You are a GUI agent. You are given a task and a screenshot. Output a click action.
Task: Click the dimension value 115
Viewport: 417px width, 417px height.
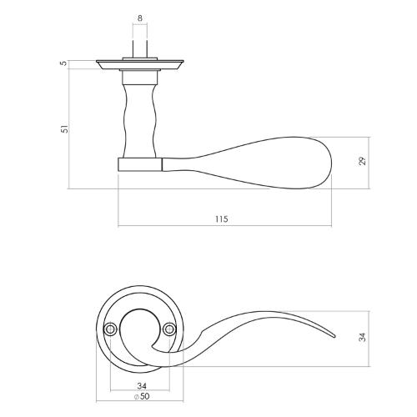click(x=220, y=219)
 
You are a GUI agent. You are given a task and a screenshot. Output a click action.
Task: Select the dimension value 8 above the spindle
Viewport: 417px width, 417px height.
click(x=139, y=16)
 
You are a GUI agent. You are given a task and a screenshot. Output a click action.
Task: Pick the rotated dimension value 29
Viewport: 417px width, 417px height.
click(x=362, y=161)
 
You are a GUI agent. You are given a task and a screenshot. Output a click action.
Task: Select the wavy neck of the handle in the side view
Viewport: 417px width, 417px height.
click(x=139, y=117)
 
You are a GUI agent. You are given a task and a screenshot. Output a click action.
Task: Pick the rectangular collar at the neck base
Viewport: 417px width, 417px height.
click(x=139, y=162)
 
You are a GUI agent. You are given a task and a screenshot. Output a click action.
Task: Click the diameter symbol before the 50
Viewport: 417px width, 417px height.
click(x=134, y=396)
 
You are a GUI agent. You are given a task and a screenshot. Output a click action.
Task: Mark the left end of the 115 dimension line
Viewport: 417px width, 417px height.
click(x=118, y=226)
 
